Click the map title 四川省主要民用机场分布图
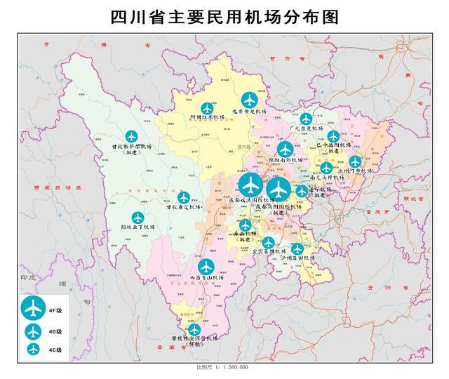tap(224, 17)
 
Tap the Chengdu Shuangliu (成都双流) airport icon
tap(250, 186)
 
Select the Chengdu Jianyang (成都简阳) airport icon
tap(279, 189)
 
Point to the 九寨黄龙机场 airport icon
tap(248, 100)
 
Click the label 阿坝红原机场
tap(207, 118)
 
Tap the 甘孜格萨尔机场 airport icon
tap(131, 136)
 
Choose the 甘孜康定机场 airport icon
tap(184, 197)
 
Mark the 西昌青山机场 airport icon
tap(206, 267)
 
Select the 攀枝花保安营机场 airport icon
tap(194, 328)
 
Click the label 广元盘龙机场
tap(306, 129)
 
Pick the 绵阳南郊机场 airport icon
tap(285, 149)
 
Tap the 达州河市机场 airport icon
tap(356, 161)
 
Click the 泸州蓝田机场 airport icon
tap(297, 248)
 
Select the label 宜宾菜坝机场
tap(269, 251)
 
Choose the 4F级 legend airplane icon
tap(31, 307)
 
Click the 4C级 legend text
tap(55, 349)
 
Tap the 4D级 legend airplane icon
tap(32, 331)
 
